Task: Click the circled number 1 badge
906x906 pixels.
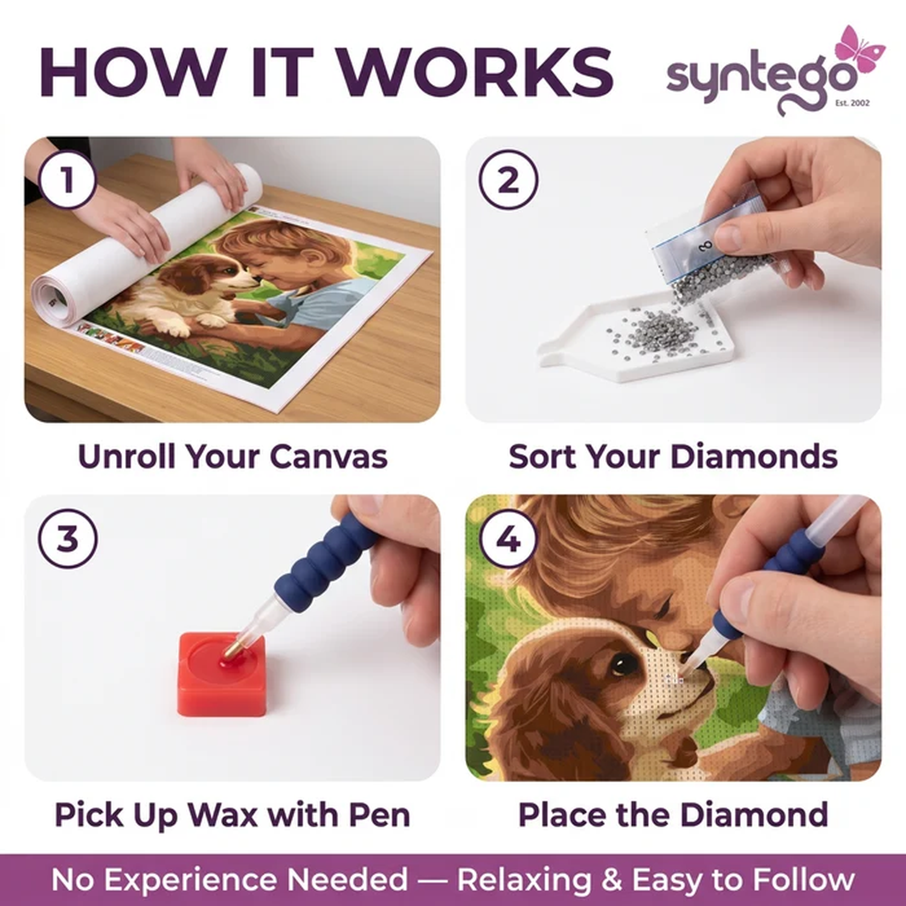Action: point(68,179)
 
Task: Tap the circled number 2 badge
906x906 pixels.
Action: point(509,179)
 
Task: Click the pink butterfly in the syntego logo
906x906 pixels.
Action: point(857,50)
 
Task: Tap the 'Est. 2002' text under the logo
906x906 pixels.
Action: point(852,103)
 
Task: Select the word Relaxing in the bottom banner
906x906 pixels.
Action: point(524,879)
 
